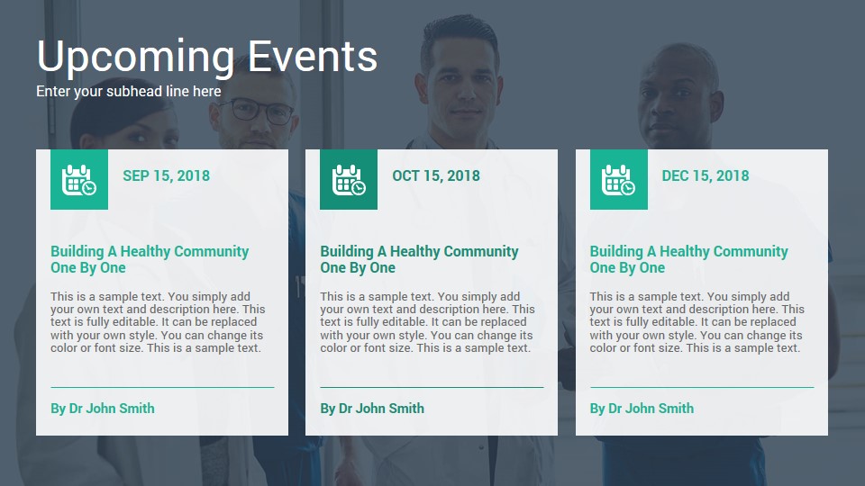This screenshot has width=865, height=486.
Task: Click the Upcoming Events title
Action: [x=207, y=57]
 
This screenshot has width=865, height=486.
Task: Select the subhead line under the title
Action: [x=129, y=92]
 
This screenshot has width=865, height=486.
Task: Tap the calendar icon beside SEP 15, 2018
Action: [x=79, y=180]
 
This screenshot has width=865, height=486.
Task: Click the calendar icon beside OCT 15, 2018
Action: [x=349, y=180]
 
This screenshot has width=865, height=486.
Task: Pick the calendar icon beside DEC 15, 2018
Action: [x=618, y=180]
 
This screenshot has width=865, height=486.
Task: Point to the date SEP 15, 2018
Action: [x=166, y=175]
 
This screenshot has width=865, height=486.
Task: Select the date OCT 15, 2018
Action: [x=436, y=175]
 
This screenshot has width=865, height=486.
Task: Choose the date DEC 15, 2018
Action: [x=705, y=175]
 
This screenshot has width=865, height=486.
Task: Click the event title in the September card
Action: [x=150, y=259]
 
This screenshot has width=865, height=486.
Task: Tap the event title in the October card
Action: [x=419, y=259]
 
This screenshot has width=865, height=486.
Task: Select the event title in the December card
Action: [x=688, y=259]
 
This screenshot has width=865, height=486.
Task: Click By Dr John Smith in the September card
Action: [x=103, y=409]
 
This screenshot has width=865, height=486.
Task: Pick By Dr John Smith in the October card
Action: [x=372, y=409]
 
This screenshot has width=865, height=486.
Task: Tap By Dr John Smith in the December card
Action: [x=642, y=409]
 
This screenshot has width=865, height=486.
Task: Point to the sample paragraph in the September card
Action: [x=158, y=322]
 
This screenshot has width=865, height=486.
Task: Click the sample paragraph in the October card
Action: [x=427, y=322]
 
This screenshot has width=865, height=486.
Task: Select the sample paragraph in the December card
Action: [x=697, y=322]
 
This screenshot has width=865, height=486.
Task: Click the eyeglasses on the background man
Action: [x=259, y=111]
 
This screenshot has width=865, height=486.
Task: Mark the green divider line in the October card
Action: [x=432, y=387]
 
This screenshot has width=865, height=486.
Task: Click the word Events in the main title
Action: [x=313, y=56]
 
